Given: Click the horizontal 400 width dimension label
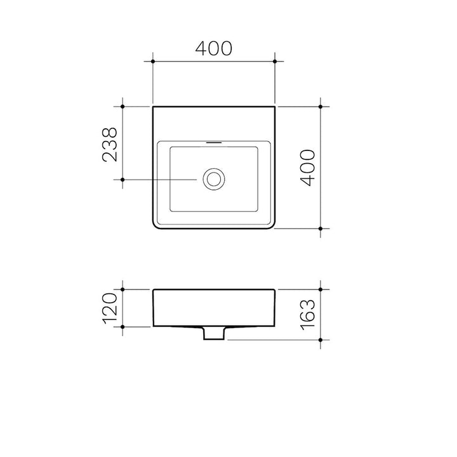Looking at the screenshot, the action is pos(214,48).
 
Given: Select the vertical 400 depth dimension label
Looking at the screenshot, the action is pos(308,168).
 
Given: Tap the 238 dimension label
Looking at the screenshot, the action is pos(110,145).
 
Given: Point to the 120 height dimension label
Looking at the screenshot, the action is pos(110,308).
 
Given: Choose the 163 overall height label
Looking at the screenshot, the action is pos(308,315).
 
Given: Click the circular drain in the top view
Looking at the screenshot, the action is pos(214,179).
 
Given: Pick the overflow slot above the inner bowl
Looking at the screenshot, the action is pos(214,143).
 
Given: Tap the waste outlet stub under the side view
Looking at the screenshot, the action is pos(214,333).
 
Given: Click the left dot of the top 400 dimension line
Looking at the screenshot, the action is pos(153,62).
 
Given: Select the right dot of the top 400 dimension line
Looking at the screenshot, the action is pos(275,62).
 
